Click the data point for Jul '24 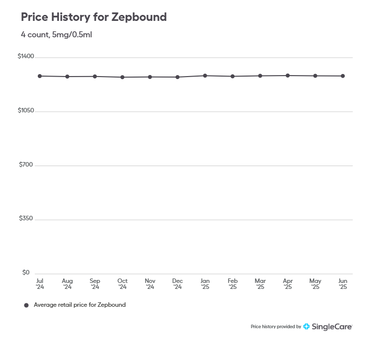coord(40,76)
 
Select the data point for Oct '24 coord(122,77)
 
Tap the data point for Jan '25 coord(205,76)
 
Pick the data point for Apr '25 coord(288,76)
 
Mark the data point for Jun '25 coord(343,76)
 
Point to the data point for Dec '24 coord(177,77)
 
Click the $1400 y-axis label coord(26,57)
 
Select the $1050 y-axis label coord(26,110)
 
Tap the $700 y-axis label coord(27,165)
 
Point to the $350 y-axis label coord(27,219)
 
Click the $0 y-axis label coord(26,272)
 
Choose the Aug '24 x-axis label coord(67,284)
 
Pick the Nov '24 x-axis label coord(150,284)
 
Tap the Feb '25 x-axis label coord(233,284)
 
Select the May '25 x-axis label coord(315,284)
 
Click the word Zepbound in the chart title coord(139,17)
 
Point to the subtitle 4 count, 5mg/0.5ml coord(56,35)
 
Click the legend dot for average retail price coord(26,305)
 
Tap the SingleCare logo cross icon coord(307,327)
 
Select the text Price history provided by coord(276,327)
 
